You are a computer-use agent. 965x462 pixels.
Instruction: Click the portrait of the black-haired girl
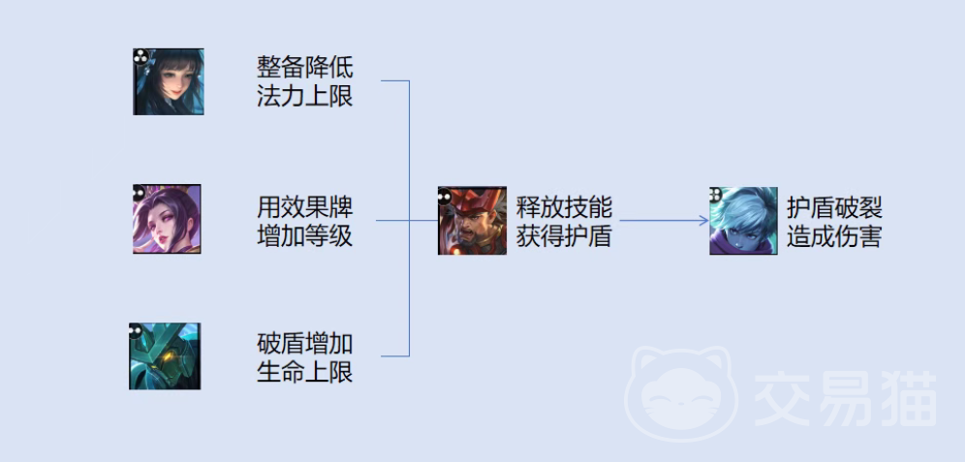[168, 81]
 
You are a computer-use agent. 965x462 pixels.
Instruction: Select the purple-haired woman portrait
[167, 219]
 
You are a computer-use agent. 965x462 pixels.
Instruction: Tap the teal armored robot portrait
[165, 356]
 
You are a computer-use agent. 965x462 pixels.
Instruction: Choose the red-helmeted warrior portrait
[472, 221]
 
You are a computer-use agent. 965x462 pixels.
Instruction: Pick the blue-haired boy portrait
[743, 221]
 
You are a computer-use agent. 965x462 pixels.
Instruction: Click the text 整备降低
[304, 67]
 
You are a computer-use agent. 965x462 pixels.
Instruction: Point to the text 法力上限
[304, 96]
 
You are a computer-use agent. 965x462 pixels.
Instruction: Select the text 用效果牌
[304, 207]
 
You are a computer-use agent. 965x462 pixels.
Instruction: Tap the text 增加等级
[304, 236]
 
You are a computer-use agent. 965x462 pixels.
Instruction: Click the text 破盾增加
[304, 343]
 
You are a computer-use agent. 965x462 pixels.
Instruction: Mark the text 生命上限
[304, 372]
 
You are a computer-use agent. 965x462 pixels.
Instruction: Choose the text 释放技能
[564, 207]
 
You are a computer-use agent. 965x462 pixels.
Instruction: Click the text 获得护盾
[564, 236]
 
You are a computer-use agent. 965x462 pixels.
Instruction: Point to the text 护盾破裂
[834, 207]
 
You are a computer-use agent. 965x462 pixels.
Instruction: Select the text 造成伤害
[834, 236]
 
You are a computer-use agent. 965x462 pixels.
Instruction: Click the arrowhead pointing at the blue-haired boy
[704, 220]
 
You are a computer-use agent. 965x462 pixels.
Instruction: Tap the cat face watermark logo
[682, 393]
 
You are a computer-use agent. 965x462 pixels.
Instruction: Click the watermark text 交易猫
[845, 399]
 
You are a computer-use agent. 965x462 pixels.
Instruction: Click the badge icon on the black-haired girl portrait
[140, 57]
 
